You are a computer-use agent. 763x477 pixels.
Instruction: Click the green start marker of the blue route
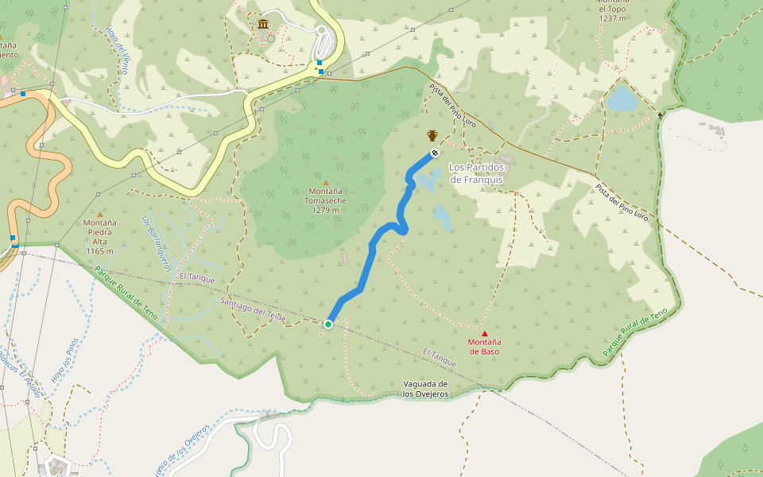coord(327,324)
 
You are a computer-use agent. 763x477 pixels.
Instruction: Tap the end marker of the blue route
coord(434,153)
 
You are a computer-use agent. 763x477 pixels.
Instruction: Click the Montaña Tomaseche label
coord(326,201)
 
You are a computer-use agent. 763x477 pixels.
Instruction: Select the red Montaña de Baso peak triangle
coord(484,334)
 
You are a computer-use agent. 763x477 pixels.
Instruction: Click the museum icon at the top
coord(263,24)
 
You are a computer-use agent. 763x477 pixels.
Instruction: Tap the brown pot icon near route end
coord(432,135)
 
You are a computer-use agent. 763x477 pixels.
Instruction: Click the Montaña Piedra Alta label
coord(100,236)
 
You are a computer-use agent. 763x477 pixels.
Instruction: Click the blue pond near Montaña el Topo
coord(622,99)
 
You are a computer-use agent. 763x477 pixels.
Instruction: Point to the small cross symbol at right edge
coord(660,116)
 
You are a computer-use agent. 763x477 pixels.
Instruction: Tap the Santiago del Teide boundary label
coord(253,311)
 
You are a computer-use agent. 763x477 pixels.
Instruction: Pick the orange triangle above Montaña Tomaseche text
coord(325,183)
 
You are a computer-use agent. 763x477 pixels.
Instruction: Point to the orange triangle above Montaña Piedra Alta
coord(99,214)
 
